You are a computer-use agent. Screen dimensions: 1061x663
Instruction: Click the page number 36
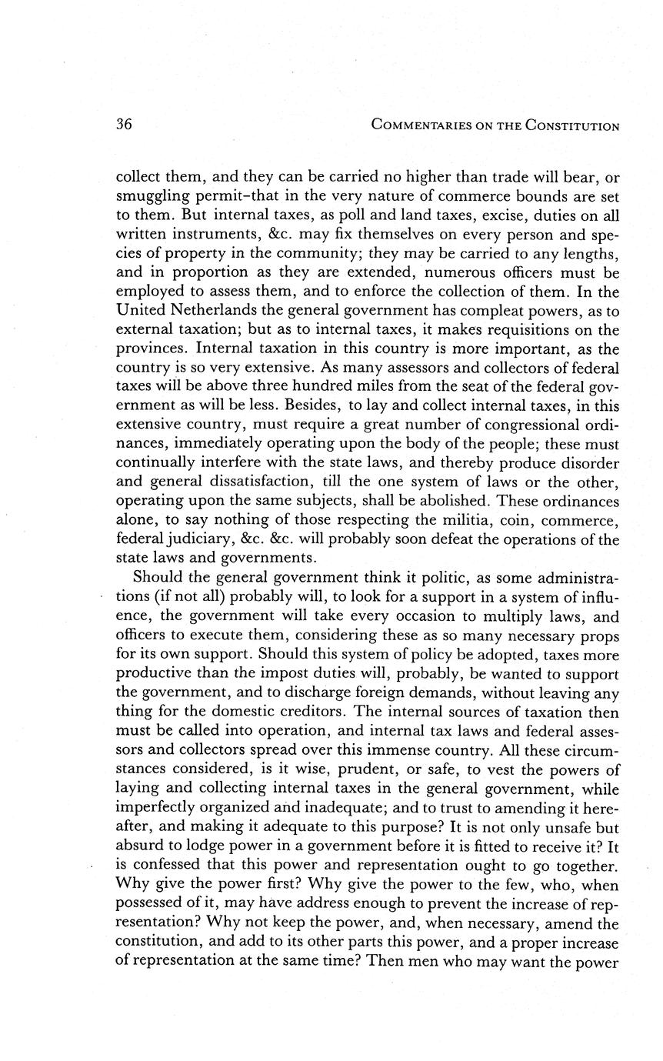124,125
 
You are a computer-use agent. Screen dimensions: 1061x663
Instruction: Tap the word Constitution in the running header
573,125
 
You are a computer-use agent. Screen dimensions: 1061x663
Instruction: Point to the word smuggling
151,199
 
